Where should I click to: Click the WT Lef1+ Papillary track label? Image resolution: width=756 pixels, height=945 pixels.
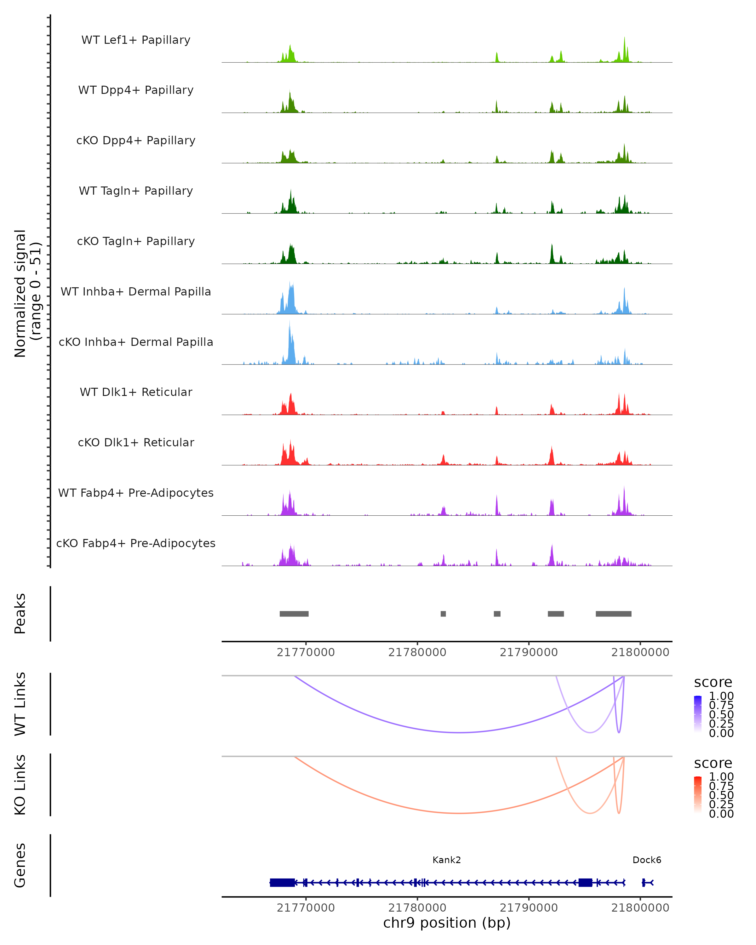point(136,40)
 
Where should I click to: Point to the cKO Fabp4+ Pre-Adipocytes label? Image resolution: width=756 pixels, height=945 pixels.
point(136,543)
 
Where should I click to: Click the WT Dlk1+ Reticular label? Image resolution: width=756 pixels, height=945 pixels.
point(136,392)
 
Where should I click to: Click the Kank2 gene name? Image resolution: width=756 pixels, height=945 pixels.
point(447,860)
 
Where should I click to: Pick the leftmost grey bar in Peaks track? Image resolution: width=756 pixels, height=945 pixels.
point(294,614)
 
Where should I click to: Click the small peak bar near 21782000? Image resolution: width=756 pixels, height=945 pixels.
point(443,614)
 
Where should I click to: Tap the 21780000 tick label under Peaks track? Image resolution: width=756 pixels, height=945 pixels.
point(417,652)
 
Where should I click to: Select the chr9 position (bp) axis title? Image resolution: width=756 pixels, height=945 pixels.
point(447,923)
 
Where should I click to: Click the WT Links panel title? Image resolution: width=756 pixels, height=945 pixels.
point(20,704)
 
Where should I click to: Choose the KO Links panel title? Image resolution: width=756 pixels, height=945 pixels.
point(20,785)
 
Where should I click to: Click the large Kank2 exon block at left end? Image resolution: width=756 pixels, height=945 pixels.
point(282,883)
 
